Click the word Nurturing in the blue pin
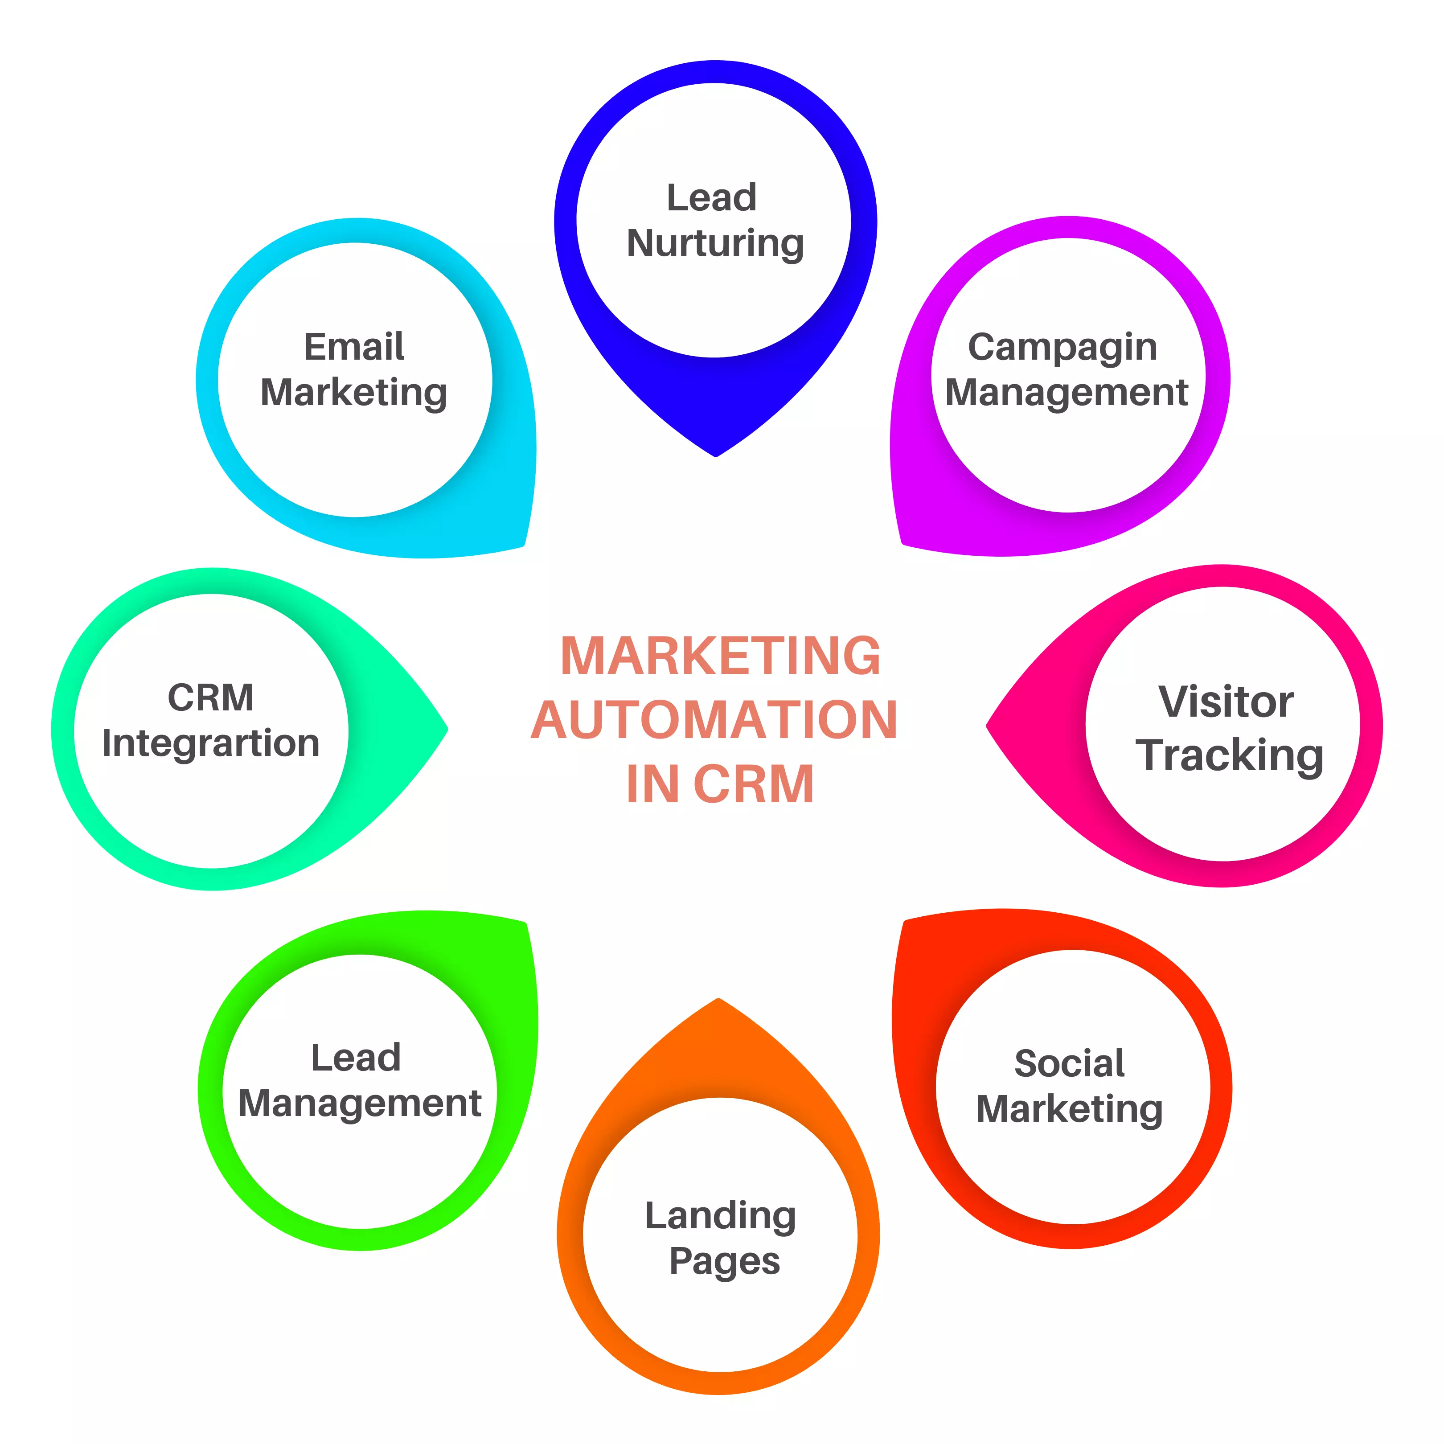(x=715, y=244)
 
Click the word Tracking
(x=1230, y=755)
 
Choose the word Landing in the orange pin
(x=721, y=1216)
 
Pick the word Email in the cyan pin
(x=353, y=347)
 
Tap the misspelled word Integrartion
(x=211, y=743)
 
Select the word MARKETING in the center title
(x=721, y=656)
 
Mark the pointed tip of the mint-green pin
(x=446, y=729)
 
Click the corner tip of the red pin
(x=907, y=922)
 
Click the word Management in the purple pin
(x=1067, y=392)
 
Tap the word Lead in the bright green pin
(x=356, y=1058)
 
